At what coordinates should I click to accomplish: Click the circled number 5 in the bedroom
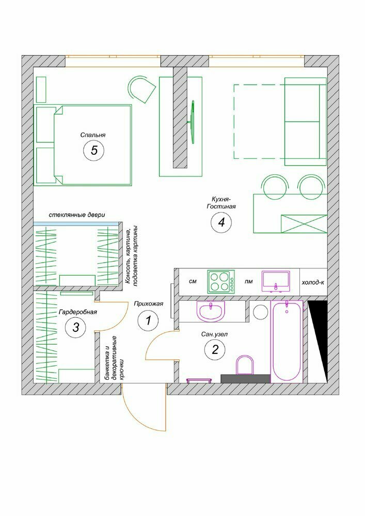coord(94,150)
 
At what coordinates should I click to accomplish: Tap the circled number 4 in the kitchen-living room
coord(221,222)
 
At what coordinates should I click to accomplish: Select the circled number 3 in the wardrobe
coord(76,328)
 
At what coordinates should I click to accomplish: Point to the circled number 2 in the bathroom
coord(215,349)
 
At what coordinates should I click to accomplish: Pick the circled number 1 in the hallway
coord(148,320)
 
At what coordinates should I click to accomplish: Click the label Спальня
coord(93,135)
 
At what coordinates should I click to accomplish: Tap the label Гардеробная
coord(77,312)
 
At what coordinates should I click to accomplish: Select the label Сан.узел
coord(215,334)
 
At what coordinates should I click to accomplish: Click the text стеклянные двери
coord(77,215)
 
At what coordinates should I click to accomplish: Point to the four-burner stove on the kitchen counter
coord(221,282)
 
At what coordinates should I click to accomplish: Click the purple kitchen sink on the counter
coord(276,282)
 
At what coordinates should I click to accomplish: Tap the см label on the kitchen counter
coord(193,282)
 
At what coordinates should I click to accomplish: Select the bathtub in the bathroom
coord(287,342)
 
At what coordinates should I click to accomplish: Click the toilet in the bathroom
coord(245,365)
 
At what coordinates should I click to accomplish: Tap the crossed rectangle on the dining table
coord(304,224)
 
